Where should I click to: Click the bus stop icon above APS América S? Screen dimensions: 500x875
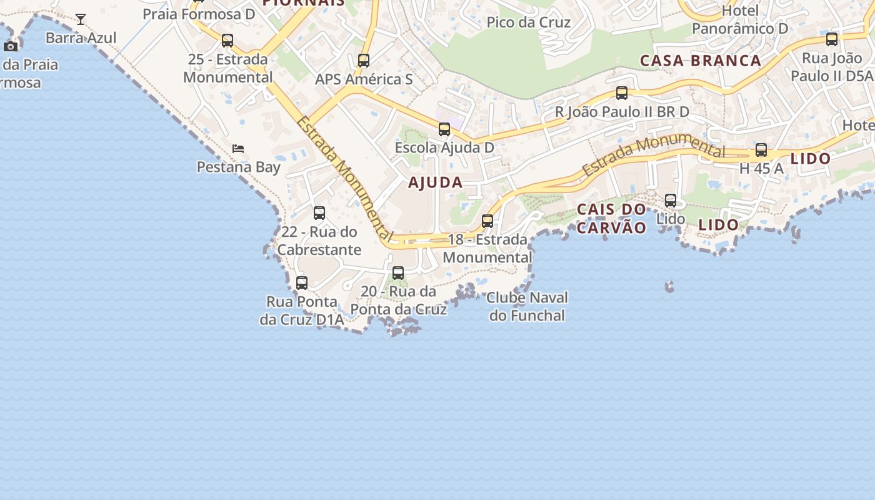coord(364,61)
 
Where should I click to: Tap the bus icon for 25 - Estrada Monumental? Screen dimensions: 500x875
coord(227,41)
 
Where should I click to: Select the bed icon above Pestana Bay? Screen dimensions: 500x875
coord(238,149)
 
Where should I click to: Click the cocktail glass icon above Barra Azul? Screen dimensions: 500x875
coord(81,19)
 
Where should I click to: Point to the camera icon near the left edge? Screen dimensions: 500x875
coord(11,46)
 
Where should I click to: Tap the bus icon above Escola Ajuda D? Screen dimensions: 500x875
coord(444,129)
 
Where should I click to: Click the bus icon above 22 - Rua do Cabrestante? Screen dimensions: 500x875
coord(319,213)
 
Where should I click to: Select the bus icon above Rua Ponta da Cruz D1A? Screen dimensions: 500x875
coord(302,283)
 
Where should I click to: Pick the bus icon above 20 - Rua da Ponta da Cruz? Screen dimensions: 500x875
coord(398,273)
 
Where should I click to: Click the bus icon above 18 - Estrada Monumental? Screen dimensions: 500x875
coord(487,221)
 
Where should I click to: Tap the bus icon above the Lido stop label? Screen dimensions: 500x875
coord(671,201)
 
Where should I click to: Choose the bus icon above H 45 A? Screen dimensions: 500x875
coord(761,150)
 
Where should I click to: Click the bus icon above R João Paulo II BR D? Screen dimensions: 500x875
coord(622,93)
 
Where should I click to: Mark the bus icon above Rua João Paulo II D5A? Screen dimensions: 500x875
coord(832,39)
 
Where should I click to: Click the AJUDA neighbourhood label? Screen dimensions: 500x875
coord(436,182)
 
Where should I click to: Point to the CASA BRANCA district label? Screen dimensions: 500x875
coord(701,61)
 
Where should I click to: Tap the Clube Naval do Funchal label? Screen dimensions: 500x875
coord(527,306)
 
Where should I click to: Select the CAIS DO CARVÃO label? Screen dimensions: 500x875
coord(611,218)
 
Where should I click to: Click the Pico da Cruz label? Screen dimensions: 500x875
coord(528,22)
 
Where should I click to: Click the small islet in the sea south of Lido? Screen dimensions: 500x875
coord(670,287)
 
